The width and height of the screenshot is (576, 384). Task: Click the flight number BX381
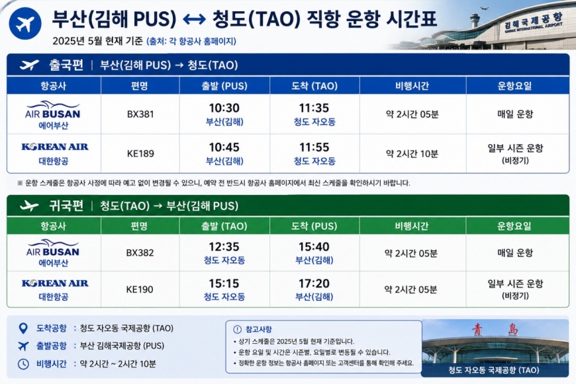coord(140,114)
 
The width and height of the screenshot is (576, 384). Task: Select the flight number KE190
coord(140,289)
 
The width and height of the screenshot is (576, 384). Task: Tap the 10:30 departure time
coord(224,108)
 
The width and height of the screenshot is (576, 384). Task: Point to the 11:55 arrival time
coord(314,147)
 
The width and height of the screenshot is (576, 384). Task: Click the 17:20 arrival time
coord(314,283)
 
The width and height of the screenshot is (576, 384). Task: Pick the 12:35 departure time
coord(224,247)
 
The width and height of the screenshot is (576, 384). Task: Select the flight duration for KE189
coord(412,153)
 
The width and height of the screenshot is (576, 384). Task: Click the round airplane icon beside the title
coord(25,24)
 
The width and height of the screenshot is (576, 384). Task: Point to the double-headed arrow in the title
coord(195,19)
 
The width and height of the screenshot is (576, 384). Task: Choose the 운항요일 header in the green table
coord(514,226)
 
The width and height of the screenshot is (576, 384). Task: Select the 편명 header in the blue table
coord(140,86)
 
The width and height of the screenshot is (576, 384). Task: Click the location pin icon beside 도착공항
coord(23,328)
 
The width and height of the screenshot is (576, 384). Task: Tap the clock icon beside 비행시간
coord(23,364)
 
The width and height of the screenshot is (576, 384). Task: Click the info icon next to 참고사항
coord(238,329)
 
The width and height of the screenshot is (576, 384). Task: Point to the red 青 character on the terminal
coord(477,329)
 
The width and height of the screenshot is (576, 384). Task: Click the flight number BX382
coord(140,252)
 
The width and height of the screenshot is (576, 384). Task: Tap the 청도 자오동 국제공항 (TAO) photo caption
coord(494,370)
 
